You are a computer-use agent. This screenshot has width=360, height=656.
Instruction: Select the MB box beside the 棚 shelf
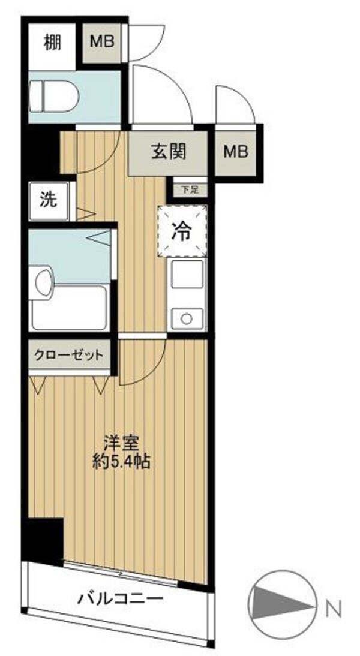[x=103, y=42]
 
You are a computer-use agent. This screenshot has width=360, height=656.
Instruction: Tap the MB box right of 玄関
[x=236, y=152]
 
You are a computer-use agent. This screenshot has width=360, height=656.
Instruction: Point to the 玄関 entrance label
[x=168, y=151]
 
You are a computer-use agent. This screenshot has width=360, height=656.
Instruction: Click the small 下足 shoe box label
[x=189, y=189]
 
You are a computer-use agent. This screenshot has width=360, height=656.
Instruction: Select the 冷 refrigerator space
[x=182, y=231]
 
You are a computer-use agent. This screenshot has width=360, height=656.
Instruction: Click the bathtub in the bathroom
[x=70, y=309]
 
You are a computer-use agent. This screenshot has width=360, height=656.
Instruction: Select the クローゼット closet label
[x=68, y=355]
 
